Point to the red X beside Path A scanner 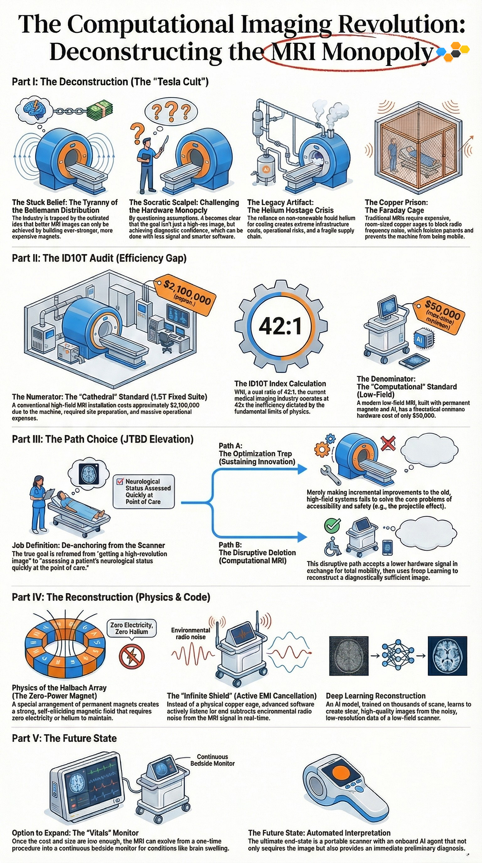pos(388,444)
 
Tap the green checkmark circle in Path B pos(332,525)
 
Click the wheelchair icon pos(331,546)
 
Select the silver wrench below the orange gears pos(330,474)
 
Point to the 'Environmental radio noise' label pos(190,633)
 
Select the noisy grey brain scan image pos(349,656)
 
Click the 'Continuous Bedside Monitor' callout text pos(212,760)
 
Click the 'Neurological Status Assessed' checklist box pos(144,491)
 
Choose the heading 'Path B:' pos(230,544)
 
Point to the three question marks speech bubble pos(171,110)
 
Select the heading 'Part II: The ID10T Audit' pos(99,258)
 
